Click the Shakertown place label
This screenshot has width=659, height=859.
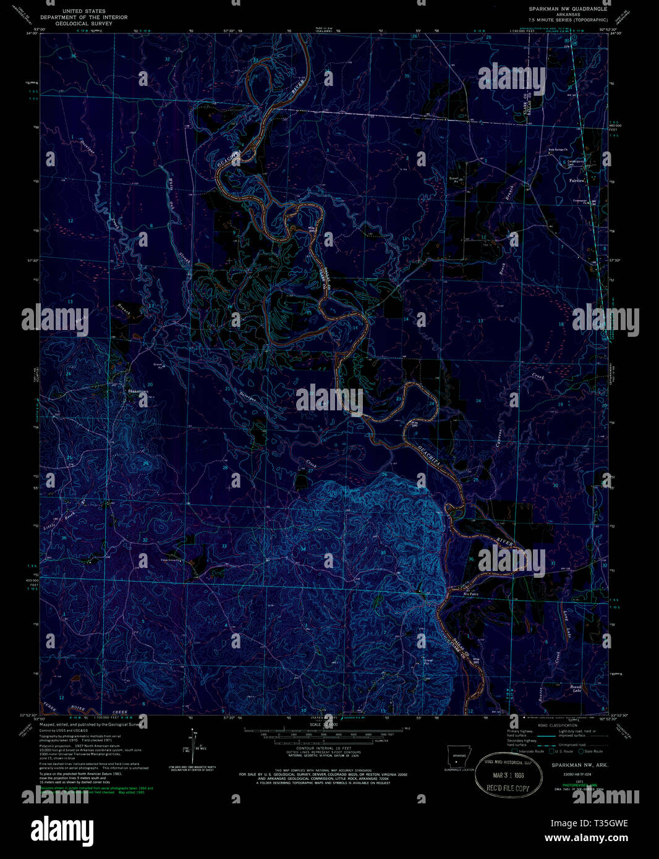click(x=137, y=391)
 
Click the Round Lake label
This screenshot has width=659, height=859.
click(x=576, y=688)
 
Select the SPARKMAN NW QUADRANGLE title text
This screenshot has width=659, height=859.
click(x=567, y=9)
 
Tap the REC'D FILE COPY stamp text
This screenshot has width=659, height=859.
click(x=508, y=788)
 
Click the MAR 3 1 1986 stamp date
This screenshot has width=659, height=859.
click(x=508, y=776)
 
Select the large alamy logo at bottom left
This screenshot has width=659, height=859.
click(x=62, y=829)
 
